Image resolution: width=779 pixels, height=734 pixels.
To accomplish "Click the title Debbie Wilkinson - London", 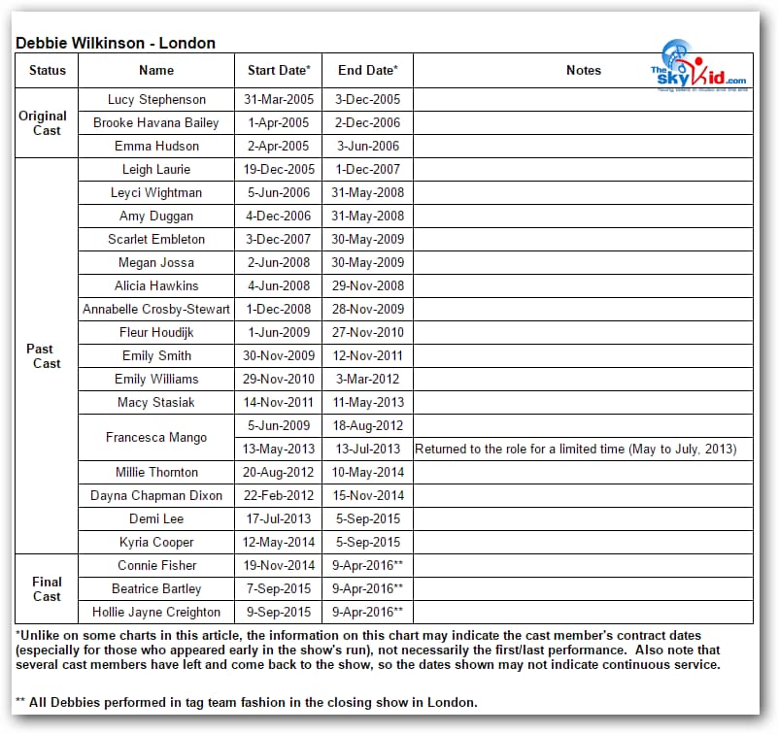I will click(116, 43).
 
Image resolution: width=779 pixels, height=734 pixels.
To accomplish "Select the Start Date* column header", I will click(279, 70).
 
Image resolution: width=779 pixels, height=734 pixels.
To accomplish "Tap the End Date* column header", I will click(367, 70).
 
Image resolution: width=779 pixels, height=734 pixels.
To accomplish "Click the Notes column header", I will click(583, 70).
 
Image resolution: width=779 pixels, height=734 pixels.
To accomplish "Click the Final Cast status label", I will click(47, 588).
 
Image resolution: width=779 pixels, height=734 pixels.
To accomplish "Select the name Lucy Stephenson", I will click(156, 99).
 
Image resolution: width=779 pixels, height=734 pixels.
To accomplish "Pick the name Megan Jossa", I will click(156, 262).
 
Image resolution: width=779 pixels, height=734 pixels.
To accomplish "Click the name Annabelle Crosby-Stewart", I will click(156, 309).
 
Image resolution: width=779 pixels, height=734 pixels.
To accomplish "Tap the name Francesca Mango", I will click(156, 437).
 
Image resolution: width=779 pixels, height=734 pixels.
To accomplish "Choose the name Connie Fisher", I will click(156, 565).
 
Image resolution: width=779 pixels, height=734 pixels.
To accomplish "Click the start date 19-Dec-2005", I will click(278, 169).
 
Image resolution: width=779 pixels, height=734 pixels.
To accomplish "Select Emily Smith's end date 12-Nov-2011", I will click(368, 355).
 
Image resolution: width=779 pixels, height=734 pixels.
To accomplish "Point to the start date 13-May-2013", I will click(278, 449).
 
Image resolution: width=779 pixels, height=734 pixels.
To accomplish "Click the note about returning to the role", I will click(576, 449).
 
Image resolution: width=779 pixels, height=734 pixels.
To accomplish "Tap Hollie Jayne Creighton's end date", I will click(368, 612).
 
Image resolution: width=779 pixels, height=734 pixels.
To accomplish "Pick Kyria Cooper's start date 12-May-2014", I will click(278, 542).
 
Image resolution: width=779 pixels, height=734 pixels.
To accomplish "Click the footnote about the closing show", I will click(247, 702).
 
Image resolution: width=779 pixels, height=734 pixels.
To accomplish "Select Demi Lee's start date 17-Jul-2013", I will click(278, 518).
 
